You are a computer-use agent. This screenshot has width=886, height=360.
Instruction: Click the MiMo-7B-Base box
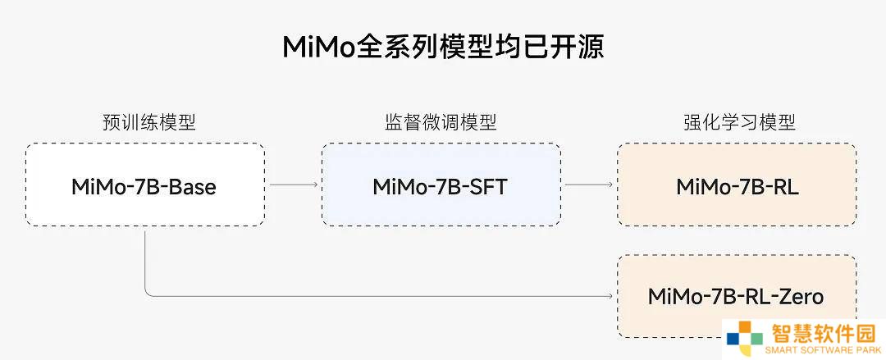pos(145,185)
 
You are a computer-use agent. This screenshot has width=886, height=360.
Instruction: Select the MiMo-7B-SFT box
pos(441,185)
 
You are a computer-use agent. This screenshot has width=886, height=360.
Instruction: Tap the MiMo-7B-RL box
pos(737,185)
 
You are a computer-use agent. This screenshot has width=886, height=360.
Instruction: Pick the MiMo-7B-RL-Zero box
pos(737,296)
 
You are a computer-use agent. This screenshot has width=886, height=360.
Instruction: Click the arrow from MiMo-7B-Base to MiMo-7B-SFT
pos(293,185)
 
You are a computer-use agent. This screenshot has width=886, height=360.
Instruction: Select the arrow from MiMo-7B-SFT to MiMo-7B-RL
pos(589,185)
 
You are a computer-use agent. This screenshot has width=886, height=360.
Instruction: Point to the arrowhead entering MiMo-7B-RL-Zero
pos(610,295)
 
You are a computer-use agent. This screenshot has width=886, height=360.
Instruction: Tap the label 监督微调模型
pos(441,122)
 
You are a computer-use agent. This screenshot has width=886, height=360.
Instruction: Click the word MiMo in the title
pos(318,48)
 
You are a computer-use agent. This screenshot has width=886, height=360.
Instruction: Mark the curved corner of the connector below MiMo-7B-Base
pos(148,293)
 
